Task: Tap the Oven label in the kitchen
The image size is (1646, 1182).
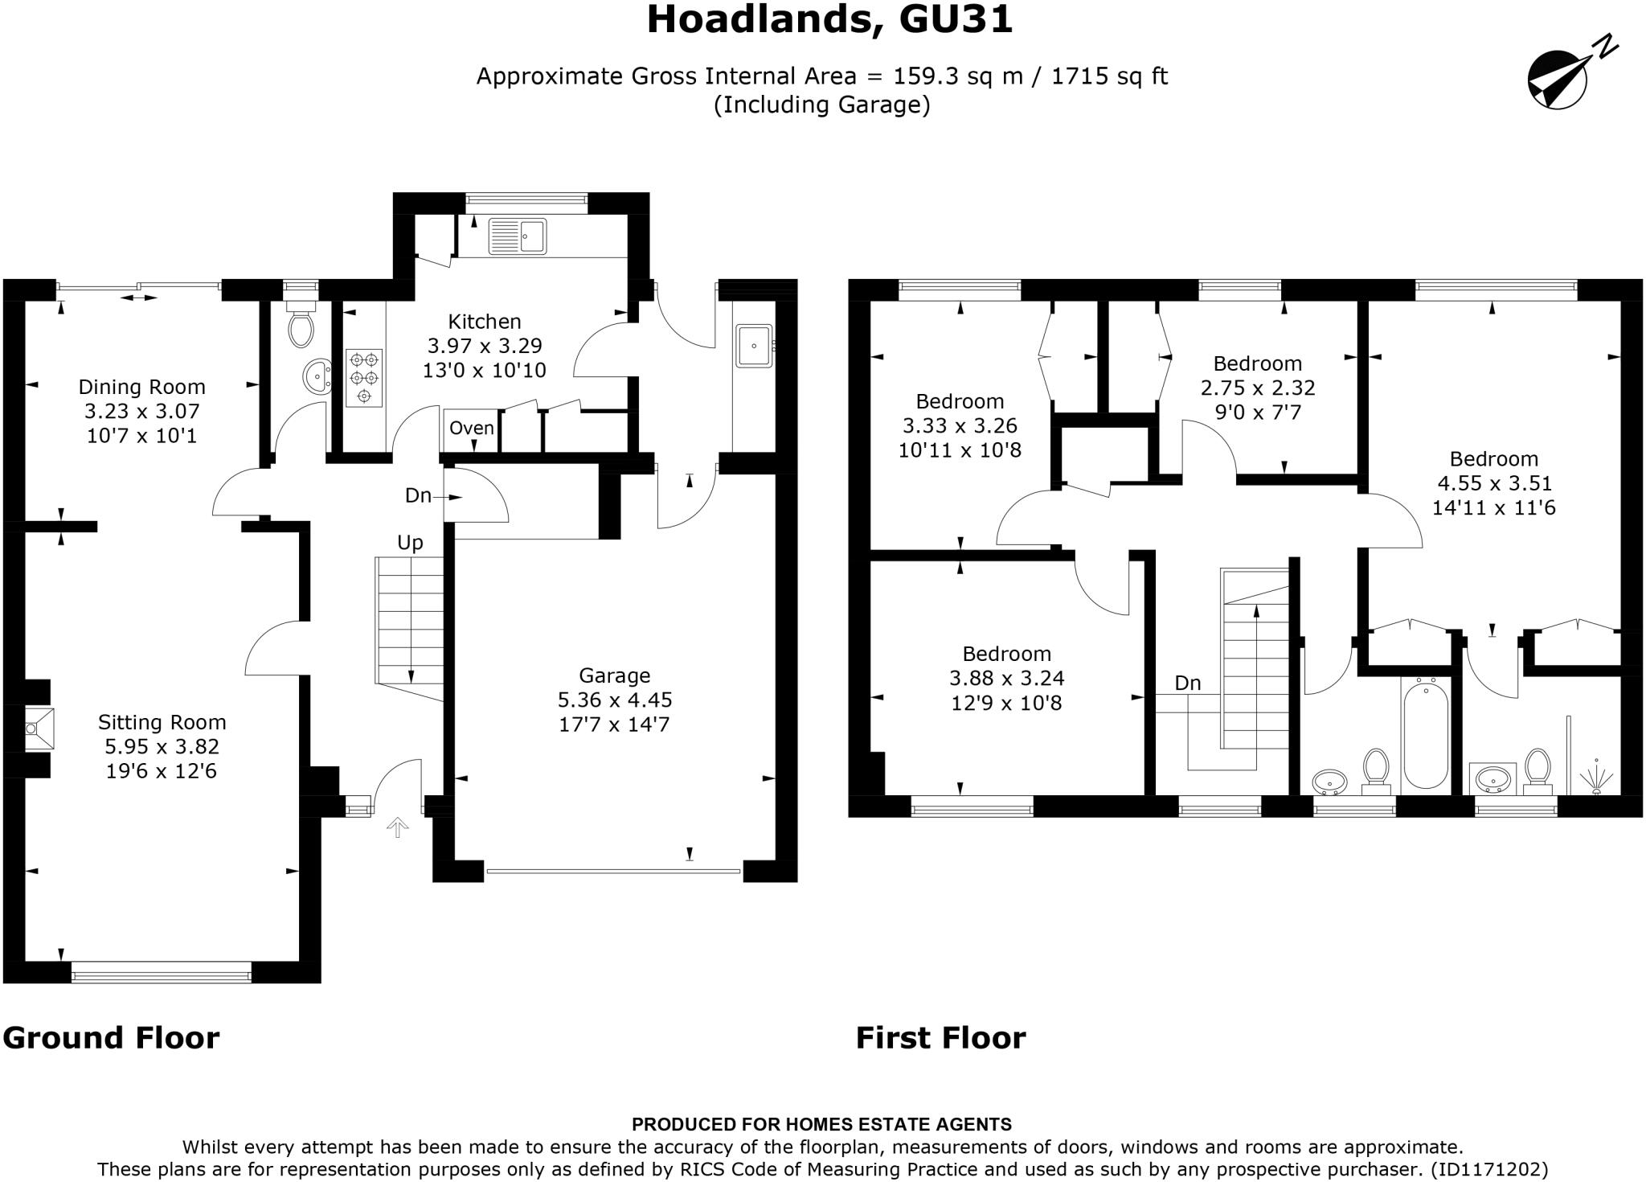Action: [471, 428]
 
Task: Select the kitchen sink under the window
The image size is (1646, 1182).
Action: [518, 236]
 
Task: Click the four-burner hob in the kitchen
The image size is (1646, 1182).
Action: [364, 377]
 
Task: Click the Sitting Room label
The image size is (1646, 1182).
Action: [162, 722]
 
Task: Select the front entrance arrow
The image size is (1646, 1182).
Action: [398, 827]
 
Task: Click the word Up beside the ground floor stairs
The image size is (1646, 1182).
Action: [410, 543]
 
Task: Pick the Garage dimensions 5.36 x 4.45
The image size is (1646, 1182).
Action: [615, 700]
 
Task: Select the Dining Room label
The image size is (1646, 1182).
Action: [141, 387]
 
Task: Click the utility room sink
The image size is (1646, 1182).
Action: [754, 346]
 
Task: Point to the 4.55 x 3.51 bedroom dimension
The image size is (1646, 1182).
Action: [1493, 483]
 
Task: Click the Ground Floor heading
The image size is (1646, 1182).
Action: [111, 1038]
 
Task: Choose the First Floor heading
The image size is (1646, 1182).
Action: [940, 1038]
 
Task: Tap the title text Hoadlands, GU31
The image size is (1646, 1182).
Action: [829, 19]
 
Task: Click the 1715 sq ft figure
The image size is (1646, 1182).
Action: [1109, 76]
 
